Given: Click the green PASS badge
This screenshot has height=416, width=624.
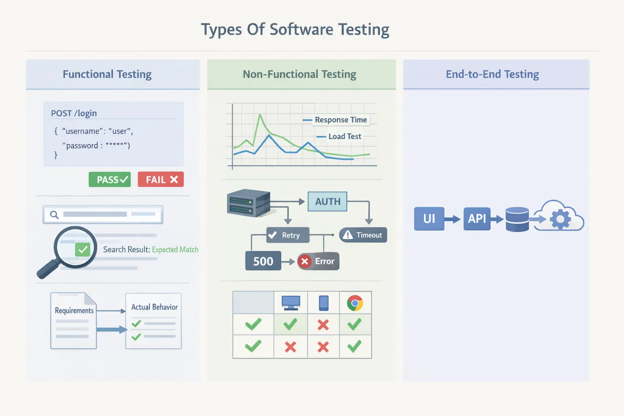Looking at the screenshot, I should click(110, 180).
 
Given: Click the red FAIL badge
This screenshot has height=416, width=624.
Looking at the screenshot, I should click(160, 180).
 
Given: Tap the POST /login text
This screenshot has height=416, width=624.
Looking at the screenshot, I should click(74, 113).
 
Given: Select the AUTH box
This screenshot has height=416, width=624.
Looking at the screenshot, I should click(327, 201).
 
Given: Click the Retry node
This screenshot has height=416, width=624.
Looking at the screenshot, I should click(288, 235).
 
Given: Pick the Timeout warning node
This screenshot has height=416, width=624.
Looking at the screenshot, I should click(363, 235).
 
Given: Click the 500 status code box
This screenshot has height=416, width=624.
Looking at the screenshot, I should click(263, 261).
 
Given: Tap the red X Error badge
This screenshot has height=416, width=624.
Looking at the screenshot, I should click(318, 261).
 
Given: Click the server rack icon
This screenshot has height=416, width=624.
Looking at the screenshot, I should click(248, 202).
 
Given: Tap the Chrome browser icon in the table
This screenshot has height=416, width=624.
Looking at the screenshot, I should click(355, 303).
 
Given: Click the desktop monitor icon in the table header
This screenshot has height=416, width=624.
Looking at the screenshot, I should click(291, 303).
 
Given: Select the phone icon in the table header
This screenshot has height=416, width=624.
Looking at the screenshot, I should click(324, 303).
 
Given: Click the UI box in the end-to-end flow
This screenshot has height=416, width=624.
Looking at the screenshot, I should click(429, 219).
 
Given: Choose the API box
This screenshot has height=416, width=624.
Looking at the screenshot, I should click(477, 219).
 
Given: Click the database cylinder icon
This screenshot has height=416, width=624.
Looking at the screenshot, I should click(517, 219).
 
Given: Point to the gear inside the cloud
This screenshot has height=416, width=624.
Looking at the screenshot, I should click(560, 219).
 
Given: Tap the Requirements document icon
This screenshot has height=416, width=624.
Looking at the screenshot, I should click(74, 321).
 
